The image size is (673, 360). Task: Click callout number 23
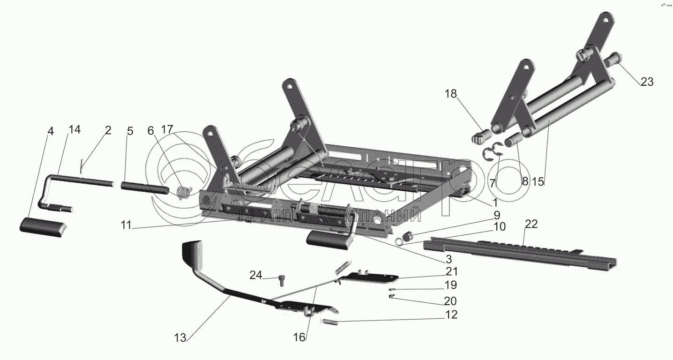[646, 82]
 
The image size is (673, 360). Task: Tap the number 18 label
[450, 94]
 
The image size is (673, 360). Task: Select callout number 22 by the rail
[531, 224]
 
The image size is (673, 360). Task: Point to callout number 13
[180, 337]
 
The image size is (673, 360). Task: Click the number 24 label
[255, 276]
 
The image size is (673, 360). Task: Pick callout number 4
[50, 131]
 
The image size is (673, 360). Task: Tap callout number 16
[299, 337]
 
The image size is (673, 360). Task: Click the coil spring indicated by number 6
[184, 192]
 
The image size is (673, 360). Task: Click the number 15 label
[538, 182]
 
